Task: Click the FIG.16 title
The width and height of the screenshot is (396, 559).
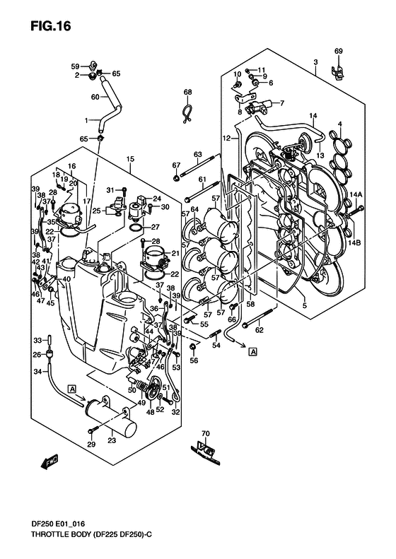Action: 51,26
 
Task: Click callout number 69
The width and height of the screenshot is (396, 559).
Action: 339,51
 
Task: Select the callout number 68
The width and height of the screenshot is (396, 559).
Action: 187,92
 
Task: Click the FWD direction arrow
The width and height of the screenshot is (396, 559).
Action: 49,461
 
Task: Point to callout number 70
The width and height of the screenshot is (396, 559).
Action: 206,434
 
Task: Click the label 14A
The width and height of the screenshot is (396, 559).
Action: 356,194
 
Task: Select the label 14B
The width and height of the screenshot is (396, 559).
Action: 355,243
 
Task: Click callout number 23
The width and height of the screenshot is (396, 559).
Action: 112,440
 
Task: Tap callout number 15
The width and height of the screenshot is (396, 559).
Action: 130,158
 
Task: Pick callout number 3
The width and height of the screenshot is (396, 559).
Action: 315,62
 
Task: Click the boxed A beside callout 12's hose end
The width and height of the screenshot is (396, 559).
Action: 252,352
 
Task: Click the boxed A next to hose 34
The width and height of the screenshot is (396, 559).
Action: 72,389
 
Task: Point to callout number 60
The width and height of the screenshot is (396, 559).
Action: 95,97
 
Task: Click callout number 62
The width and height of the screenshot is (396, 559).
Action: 259,330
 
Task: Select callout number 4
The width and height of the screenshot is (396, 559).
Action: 340,124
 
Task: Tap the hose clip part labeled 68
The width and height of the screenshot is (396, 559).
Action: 187,114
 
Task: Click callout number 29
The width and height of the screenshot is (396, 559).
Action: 91,445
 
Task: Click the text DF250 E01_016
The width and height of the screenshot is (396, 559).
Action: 58,524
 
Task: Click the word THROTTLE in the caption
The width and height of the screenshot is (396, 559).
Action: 48,534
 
